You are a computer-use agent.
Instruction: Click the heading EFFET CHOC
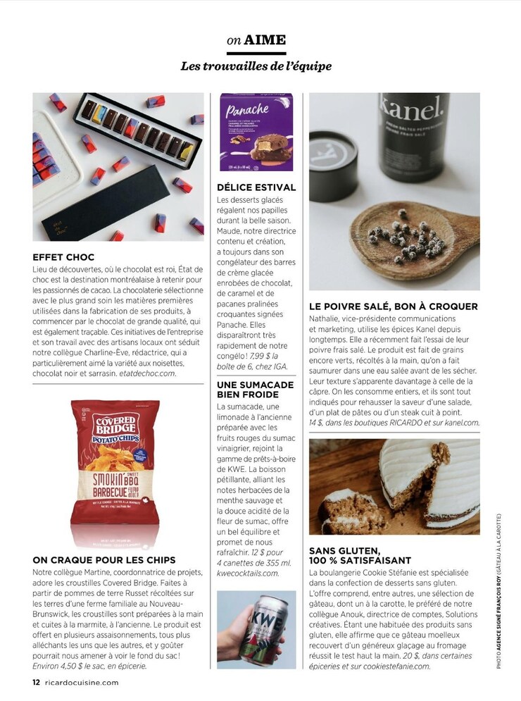63,257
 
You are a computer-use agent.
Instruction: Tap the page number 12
35,682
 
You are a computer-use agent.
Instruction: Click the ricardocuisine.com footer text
81,682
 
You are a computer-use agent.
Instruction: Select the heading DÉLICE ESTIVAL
256,187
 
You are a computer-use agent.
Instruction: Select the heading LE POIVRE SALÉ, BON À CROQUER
394,306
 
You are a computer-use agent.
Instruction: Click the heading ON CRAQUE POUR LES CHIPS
104,560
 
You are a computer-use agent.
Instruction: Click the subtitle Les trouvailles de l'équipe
256,67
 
